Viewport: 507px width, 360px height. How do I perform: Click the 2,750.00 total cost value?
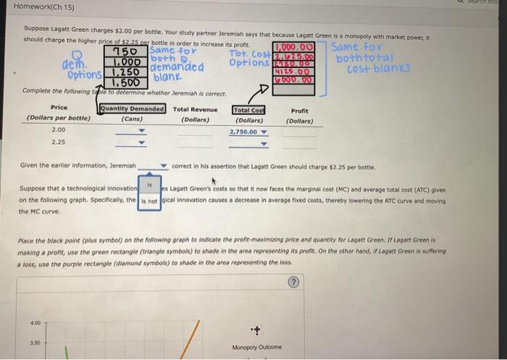243,131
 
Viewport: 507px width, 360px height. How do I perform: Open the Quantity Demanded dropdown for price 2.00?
142,132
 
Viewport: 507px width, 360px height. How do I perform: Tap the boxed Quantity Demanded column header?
133,109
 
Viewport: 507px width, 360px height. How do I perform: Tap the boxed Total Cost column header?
248,109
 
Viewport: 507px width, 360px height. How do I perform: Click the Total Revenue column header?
196,109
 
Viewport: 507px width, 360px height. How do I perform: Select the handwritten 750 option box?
127,51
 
